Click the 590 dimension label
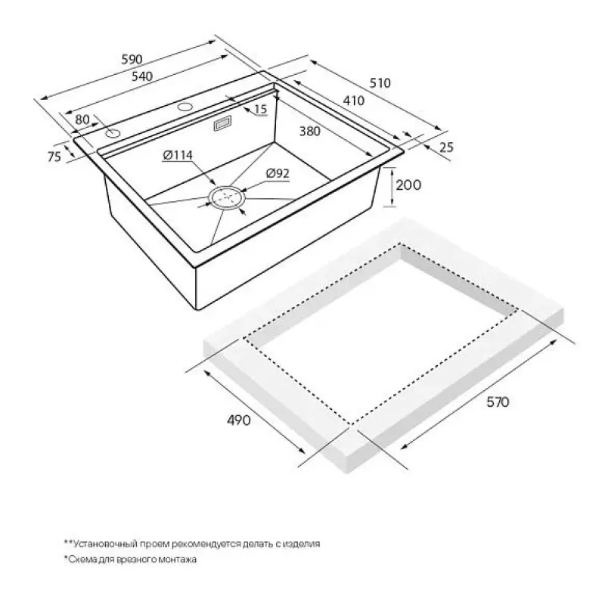coord(132,59)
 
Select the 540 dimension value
coord(142,76)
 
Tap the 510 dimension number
coord(380,82)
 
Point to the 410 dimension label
coord(353,101)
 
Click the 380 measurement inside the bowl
coord(310,131)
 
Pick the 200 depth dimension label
coord(408,185)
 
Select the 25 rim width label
coord(446,147)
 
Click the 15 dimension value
coord(261,109)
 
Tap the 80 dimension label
coord(82,119)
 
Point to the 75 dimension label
coord(54,157)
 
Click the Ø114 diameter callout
coord(178,155)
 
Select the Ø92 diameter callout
coord(278,174)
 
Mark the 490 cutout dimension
coord(238,420)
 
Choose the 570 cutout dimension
coord(498,402)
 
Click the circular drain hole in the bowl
coord(227,198)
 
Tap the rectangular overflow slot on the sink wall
coord(222,124)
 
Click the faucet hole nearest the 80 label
coord(113,134)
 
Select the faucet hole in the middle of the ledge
coord(185,106)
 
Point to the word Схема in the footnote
coord(79,559)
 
